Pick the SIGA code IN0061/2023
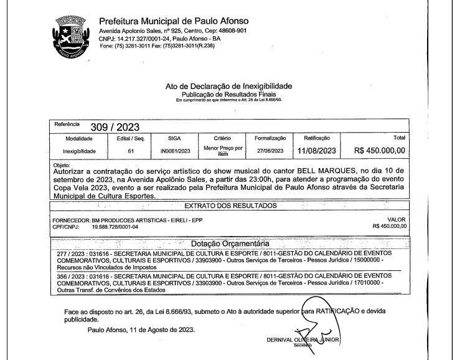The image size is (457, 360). (174, 151)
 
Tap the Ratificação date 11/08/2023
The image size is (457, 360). (316, 151)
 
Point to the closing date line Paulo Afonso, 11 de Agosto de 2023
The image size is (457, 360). (141, 330)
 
